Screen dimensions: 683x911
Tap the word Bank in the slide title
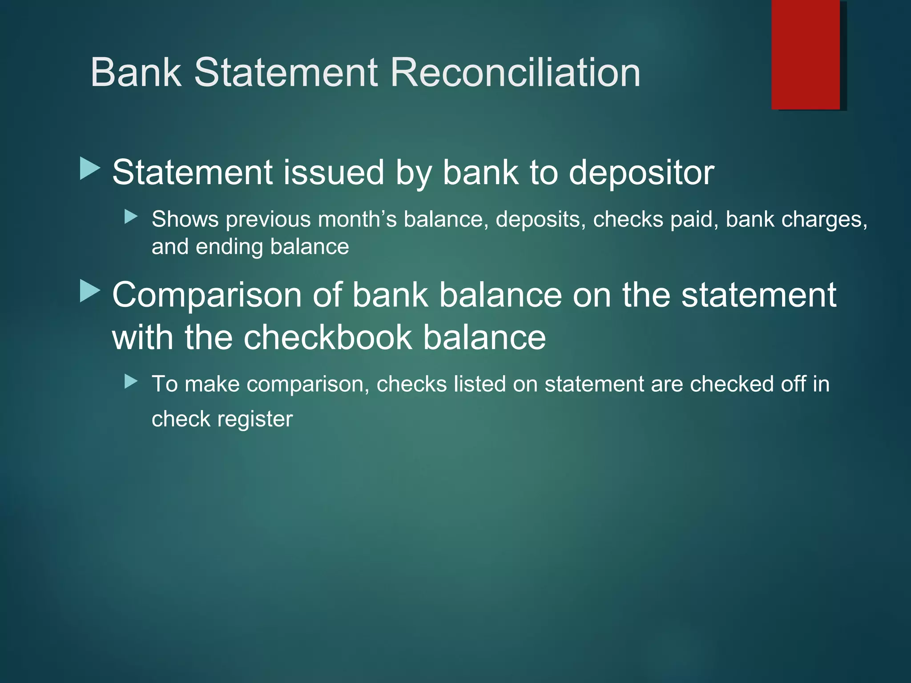(136, 72)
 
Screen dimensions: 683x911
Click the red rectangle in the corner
(806, 54)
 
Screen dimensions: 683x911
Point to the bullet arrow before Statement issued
(90, 169)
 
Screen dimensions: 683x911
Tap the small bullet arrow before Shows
(131, 217)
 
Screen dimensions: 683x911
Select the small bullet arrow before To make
(131, 382)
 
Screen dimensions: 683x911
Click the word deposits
(540, 220)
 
